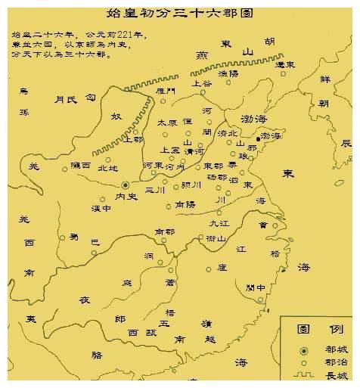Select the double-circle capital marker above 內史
[x=126, y=184]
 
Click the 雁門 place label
[x=165, y=91]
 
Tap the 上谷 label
[x=203, y=83]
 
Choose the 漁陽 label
[x=228, y=74]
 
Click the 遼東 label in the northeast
[x=284, y=65]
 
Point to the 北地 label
[x=107, y=169]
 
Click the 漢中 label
[x=101, y=207]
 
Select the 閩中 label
[x=256, y=287]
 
